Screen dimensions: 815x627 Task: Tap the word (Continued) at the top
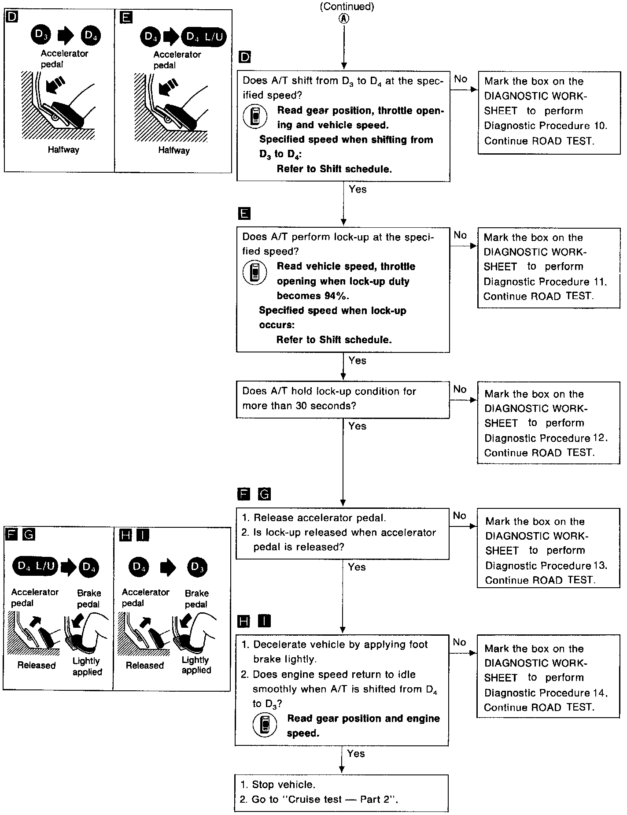click(347, 7)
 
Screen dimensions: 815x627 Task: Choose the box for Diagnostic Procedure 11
click(549, 267)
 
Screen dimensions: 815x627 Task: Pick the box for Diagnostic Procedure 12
click(548, 423)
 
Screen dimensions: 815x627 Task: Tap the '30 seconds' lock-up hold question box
click(343, 399)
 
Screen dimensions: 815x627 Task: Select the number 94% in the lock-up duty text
click(337, 296)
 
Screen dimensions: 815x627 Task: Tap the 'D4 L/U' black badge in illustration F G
click(35, 566)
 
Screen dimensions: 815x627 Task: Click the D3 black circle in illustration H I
click(196, 567)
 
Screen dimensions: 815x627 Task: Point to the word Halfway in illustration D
click(63, 150)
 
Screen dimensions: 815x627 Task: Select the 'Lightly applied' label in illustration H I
click(196, 665)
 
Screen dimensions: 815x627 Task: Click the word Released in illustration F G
click(37, 666)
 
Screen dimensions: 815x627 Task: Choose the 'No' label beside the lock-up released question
click(459, 515)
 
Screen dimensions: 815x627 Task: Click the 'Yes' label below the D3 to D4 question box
click(358, 189)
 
